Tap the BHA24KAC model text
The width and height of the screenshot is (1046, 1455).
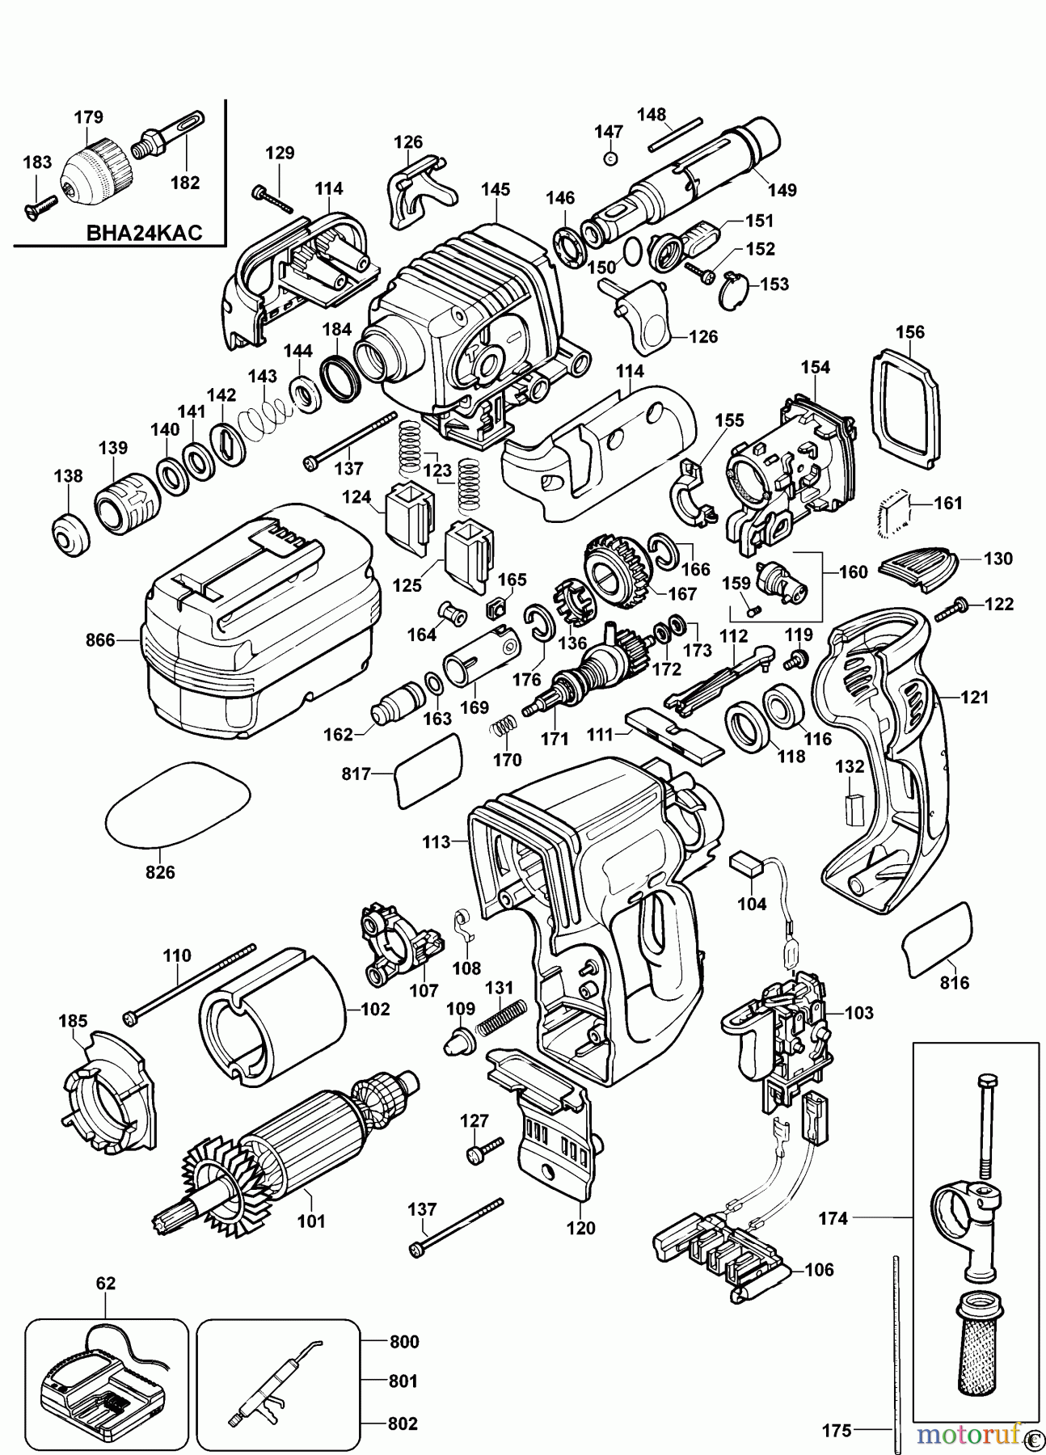[x=142, y=234]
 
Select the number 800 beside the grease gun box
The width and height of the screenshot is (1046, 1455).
[x=403, y=1343]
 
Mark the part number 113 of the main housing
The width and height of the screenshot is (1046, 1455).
[x=436, y=842]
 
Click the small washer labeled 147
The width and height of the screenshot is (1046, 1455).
[x=610, y=158]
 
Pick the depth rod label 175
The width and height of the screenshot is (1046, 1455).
[x=837, y=1431]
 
